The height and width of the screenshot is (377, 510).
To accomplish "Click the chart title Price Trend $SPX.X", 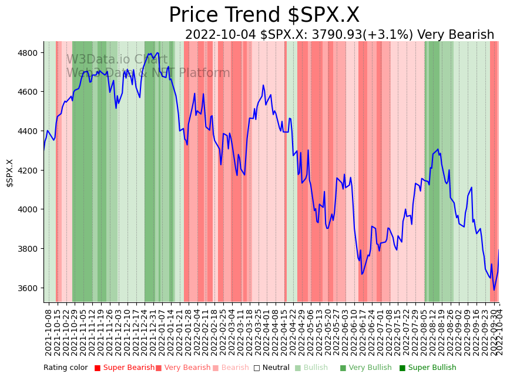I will click(264, 15).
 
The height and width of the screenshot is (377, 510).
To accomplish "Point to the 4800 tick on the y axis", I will click(29, 53).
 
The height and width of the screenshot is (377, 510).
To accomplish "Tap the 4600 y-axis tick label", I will click(29, 92).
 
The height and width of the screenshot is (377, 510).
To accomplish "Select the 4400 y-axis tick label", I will click(29, 131).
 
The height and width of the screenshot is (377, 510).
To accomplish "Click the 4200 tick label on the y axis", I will click(29, 171).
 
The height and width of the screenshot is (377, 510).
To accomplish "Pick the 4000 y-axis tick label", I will click(29, 209).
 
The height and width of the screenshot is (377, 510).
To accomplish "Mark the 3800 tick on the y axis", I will click(29, 249).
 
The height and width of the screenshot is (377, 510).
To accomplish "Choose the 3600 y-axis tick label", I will click(29, 288).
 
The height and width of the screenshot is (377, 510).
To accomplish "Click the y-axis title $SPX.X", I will click(9, 173).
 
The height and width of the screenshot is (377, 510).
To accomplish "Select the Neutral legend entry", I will click(271, 368).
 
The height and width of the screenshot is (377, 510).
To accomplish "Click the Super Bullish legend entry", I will click(427, 368).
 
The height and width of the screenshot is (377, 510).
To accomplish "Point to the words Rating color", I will click(65, 368).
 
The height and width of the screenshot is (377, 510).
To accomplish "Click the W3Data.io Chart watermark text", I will click(116, 59).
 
